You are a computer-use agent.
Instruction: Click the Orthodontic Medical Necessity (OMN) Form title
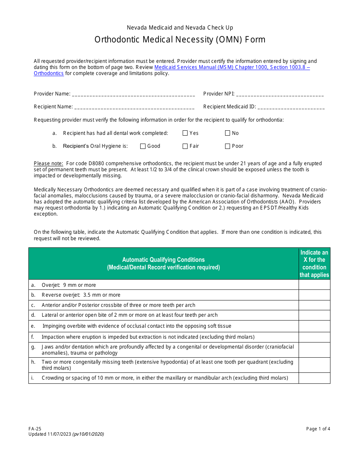tap(180, 40)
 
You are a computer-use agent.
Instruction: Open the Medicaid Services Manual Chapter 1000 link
tap(232, 67)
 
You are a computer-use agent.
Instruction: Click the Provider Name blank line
tap(133, 94)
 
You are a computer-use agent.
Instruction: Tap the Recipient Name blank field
tap(134, 107)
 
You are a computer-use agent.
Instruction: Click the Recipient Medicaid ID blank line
tap(291, 107)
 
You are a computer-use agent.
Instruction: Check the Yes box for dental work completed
tap(185, 133)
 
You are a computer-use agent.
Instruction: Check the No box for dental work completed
tap(228, 133)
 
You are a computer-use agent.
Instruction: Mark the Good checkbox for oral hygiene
tap(143, 146)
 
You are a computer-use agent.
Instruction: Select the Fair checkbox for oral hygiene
tap(185, 146)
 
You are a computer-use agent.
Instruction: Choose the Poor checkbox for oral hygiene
tap(228, 146)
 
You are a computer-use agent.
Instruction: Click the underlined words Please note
tap(49, 164)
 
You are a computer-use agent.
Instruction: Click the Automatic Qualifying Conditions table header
tap(163, 264)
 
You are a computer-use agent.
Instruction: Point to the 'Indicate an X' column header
tap(314, 264)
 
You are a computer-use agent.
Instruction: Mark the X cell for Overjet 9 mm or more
tap(314, 285)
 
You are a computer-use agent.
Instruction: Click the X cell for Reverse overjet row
tap(314, 295)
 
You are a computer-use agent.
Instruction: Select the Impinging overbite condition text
tap(136, 326)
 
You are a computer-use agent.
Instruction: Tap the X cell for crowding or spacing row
tap(314, 378)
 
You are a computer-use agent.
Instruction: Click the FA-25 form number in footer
tap(34, 429)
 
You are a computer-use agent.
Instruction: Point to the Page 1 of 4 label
tap(318, 429)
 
